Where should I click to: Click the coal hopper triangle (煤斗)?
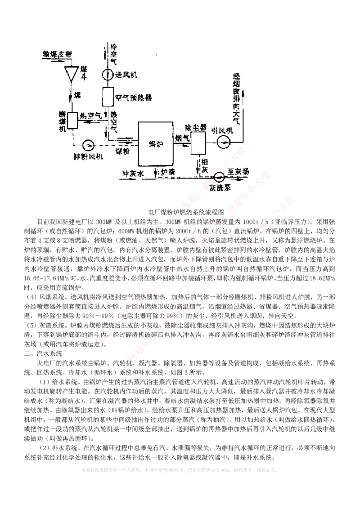(71, 73)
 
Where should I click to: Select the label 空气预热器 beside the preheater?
(134, 97)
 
